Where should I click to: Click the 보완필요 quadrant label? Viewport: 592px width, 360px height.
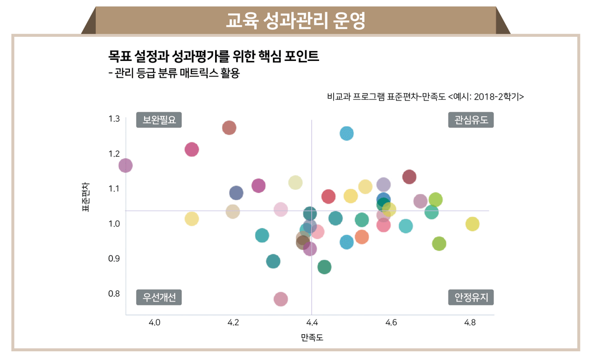(159, 120)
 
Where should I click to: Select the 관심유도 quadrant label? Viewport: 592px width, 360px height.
(471, 120)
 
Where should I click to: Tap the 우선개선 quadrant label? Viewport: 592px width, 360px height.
(159, 297)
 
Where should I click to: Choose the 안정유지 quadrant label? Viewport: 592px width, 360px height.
(471, 297)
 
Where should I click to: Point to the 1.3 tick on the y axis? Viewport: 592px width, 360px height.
(114, 119)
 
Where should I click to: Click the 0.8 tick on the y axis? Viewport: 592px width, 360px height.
(114, 293)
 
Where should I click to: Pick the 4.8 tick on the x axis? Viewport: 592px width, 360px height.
(469, 323)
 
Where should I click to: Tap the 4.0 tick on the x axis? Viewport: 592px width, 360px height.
(154, 323)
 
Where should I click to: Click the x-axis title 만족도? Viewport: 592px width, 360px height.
(312, 337)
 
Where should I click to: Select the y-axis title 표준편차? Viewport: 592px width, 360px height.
(86, 197)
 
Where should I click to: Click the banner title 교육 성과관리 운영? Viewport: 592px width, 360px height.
(295, 20)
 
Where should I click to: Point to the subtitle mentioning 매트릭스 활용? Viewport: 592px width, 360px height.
(173, 74)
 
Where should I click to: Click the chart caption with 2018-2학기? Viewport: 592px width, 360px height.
(425, 97)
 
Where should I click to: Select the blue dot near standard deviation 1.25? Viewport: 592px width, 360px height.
(346, 133)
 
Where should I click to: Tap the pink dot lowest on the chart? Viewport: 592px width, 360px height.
(281, 299)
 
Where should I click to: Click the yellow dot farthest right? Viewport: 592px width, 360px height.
(473, 224)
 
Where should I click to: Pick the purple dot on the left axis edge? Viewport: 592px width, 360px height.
(125, 166)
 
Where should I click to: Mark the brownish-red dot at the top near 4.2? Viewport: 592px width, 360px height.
(229, 128)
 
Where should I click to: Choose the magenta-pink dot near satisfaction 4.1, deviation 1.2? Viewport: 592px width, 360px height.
(192, 149)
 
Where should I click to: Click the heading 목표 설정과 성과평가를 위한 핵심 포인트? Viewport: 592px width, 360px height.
(213, 56)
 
